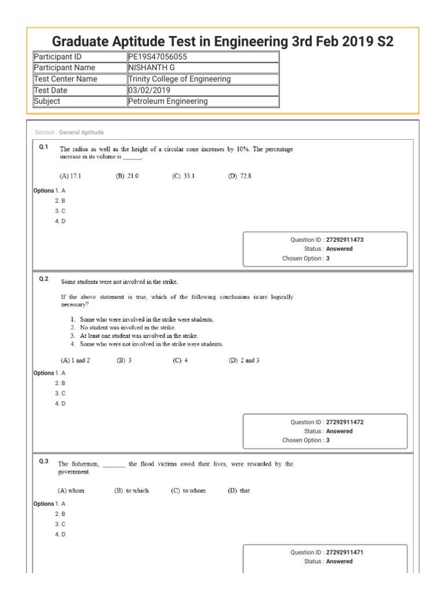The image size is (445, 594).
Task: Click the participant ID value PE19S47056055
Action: coord(158,56)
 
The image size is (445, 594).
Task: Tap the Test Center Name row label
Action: coord(66,79)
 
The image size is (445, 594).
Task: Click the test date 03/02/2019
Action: coord(149,90)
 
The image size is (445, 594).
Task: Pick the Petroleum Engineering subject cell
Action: coord(168,101)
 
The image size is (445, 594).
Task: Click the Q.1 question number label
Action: coord(43,147)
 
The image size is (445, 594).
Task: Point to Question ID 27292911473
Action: coord(345,240)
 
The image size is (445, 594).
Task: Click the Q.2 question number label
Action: coord(43,280)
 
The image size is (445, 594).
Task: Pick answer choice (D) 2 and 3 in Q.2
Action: coord(244,360)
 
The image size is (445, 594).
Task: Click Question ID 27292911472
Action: coord(345,422)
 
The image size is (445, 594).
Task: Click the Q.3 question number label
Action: coord(43,462)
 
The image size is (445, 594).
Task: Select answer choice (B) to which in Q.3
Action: coord(132,490)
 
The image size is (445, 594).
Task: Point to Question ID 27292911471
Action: coord(345,552)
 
